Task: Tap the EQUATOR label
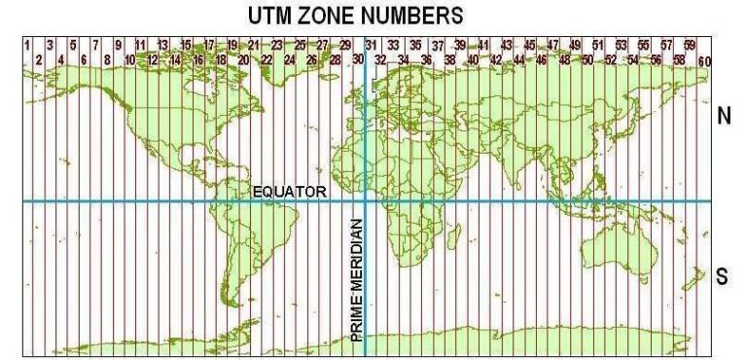point(290,192)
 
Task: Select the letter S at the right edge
point(723,276)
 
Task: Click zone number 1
point(26,45)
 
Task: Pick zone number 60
point(703,61)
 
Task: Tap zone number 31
point(371,45)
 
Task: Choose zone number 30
point(358,60)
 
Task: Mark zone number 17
point(209,45)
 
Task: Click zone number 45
point(529,45)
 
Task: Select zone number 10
point(129,60)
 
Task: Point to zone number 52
point(611,60)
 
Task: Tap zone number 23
point(277,45)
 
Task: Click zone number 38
point(449,60)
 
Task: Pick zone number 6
point(84,60)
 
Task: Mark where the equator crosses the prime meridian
point(365,201)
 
